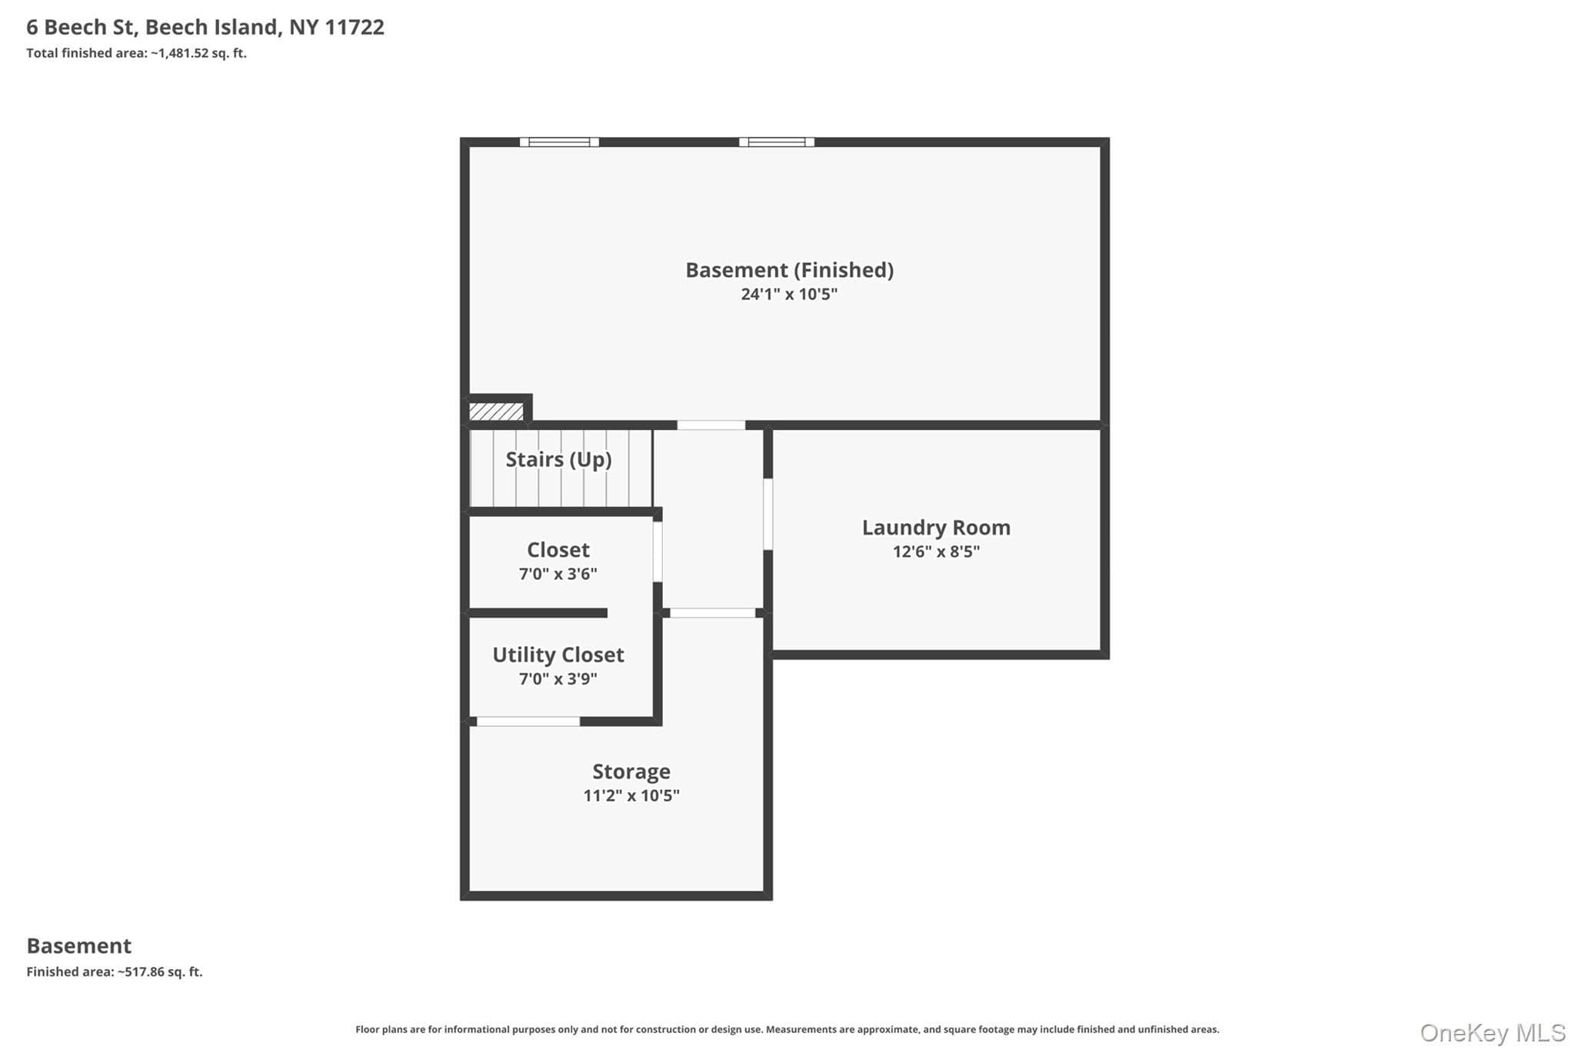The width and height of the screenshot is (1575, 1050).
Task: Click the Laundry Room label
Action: pyautogui.click(x=936, y=528)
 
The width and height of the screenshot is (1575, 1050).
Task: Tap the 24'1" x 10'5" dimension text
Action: pyautogui.click(x=789, y=294)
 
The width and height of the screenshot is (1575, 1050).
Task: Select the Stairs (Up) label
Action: pyautogui.click(x=558, y=459)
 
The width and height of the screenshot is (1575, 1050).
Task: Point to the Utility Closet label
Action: pyautogui.click(x=558, y=655)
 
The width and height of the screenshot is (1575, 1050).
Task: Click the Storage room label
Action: pyautogui.click(x=631, y=772)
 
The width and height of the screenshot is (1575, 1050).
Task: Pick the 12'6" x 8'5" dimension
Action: pyautogui.click(x=936, y=552)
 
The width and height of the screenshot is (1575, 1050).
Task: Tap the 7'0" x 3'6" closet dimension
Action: pyautogui.click(x=558, y=574)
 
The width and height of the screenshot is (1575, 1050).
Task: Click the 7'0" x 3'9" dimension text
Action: pyautogui.click(x=558, y=678)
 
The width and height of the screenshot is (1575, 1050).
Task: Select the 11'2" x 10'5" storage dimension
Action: pyautogui.click(x=631, y=795)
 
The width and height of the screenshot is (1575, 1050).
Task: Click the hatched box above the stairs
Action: pyautogui.click(x=496, y=412)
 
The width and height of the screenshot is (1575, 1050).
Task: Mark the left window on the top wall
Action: pyautogui.click(x=559, y=142)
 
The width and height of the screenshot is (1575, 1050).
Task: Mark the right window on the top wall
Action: pyautogui.click(x=777, y=142)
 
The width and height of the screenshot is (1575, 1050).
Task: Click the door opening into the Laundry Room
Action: pyautogui.click(x=768, y=514)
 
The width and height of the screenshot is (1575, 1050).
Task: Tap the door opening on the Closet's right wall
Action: pyautogui.click(x=658, y=552)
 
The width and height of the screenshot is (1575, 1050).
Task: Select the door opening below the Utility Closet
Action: pyautogui.click(x=528, y=722)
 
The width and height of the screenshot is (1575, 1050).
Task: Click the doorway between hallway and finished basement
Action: pyautogui.click(x=711, y=425)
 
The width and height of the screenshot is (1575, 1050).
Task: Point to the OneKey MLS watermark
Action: pyautogui.click(x=1493, y=1032)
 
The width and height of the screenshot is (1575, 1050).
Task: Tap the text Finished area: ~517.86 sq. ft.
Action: pyautogui.click(x=115, y=972)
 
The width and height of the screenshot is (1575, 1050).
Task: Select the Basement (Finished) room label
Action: pyautogui.click(x=789, y=270)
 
